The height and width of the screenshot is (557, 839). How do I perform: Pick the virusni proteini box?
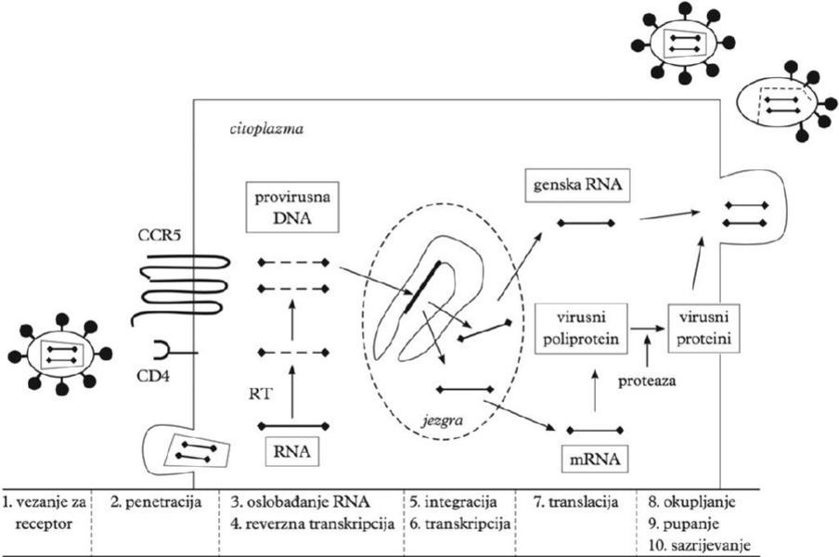[x=703, y=328]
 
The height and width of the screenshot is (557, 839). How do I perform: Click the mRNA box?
[x=595, y=458]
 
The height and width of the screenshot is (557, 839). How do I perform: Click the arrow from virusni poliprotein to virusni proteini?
[x=648, y=328]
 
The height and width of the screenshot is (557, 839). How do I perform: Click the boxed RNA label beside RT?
[x=292, y=452]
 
